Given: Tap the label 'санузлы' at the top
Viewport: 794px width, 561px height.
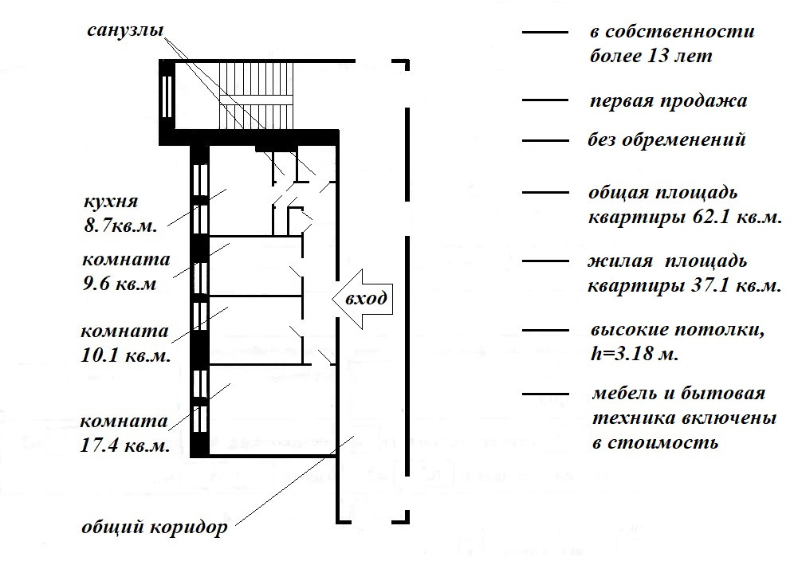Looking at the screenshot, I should point(125,32).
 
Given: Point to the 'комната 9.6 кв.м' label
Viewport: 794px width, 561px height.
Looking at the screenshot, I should point(126,272).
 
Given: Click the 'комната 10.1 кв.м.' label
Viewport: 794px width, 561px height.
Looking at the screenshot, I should point(126,343).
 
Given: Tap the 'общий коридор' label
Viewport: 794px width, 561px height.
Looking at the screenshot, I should point(155,527).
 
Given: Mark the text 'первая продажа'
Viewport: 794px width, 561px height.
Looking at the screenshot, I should point(668,102).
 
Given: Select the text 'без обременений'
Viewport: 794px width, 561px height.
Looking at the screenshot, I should point(667,140).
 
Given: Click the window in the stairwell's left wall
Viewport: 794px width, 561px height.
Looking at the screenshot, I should point(167,96).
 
